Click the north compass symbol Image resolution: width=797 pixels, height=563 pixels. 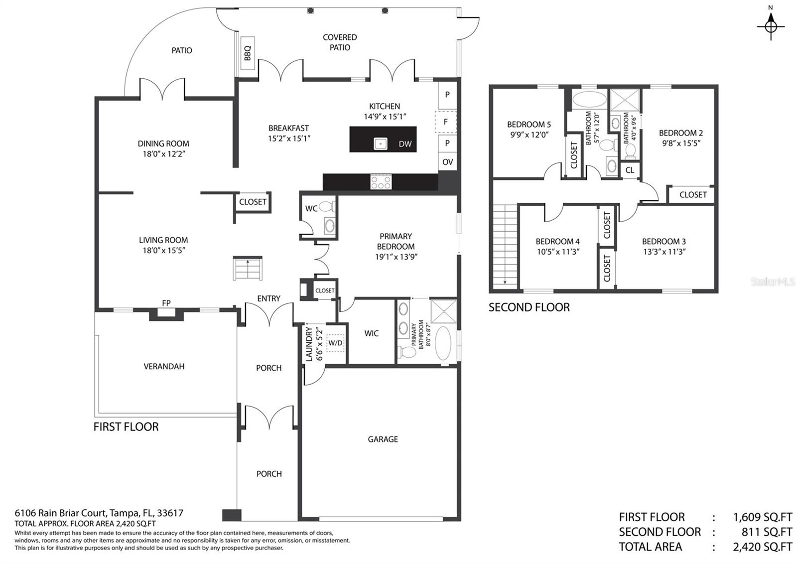coord(771,25)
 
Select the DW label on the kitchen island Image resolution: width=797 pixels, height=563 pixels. coord(405,144)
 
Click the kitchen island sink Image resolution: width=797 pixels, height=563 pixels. coord(381,144)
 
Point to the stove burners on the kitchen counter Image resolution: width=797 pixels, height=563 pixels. coord(381,182)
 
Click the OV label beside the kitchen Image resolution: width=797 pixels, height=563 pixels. coord(447,162)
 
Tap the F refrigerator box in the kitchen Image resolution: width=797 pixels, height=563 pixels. coord(446,122)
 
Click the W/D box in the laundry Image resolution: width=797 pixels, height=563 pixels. coord(335,343)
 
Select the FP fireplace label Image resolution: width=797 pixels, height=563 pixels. coord(166,303)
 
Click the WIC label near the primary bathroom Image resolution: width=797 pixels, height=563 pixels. coord(372,333)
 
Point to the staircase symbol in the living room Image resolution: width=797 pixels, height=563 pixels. coord(248,269)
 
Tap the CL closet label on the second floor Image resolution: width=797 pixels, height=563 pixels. coord(630,170)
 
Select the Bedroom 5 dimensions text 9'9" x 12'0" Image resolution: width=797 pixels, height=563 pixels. coord(529,135)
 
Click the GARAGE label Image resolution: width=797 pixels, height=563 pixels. coord(383,439)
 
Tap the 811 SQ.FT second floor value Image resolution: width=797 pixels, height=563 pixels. coord(762,532)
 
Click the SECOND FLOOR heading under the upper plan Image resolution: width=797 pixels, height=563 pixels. coord(529,307)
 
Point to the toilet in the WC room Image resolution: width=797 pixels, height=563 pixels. coord(326,206)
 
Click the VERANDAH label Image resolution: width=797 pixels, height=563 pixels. coord(164,366)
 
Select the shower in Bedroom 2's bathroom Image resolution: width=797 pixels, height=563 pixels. coord(624,100)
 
